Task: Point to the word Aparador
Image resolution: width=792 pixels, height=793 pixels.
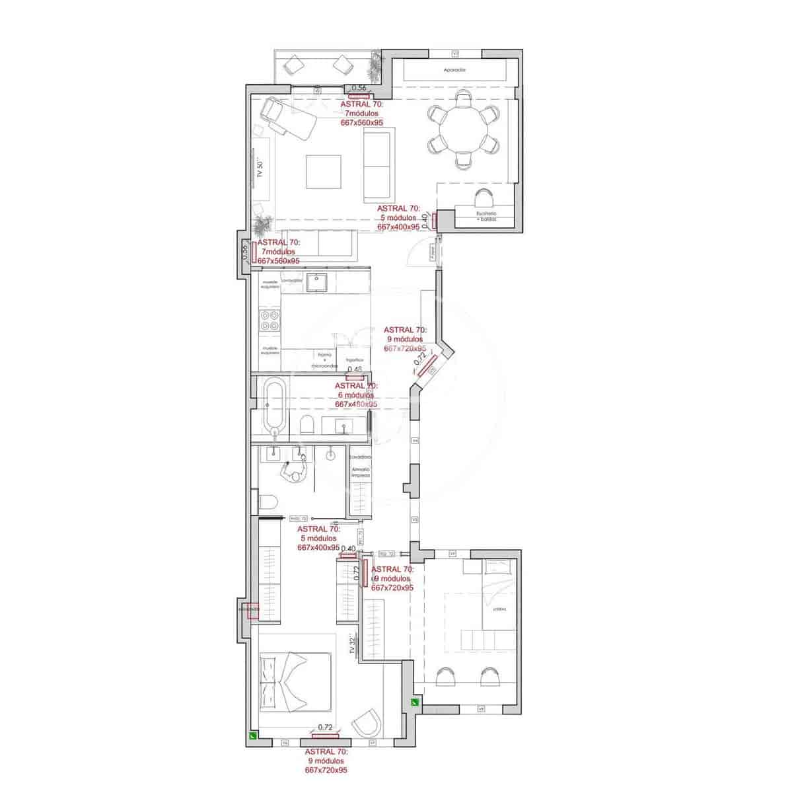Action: (454, 70)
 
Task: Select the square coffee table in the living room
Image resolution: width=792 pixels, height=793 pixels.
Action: (323, 172)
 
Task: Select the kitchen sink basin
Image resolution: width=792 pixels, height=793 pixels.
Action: (320, 282)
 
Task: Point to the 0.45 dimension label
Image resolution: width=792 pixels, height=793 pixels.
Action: (355, 369)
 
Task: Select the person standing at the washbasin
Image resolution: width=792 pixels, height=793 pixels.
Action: (295, 470)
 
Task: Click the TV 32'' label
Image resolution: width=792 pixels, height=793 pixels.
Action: (353, 645)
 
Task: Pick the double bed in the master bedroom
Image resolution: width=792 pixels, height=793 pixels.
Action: (294, 681)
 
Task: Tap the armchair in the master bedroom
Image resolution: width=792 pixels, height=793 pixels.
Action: (367, 725)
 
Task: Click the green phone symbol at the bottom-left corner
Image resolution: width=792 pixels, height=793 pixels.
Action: (252, 735)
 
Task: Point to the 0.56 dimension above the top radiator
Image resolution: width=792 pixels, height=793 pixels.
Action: (359, 88)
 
